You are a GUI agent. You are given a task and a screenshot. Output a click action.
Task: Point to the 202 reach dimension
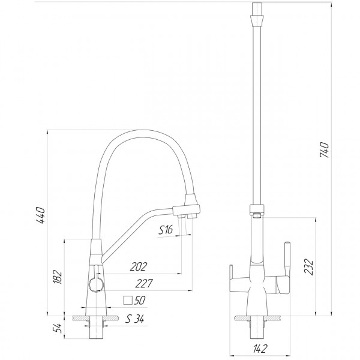pyautogui.click(x=137, y=266)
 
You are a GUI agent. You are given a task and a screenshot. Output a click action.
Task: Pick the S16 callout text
pyautogui.click(x=166, y=229)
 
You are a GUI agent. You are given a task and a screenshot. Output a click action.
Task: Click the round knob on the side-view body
pyautogui.click(x=94, y=284)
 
